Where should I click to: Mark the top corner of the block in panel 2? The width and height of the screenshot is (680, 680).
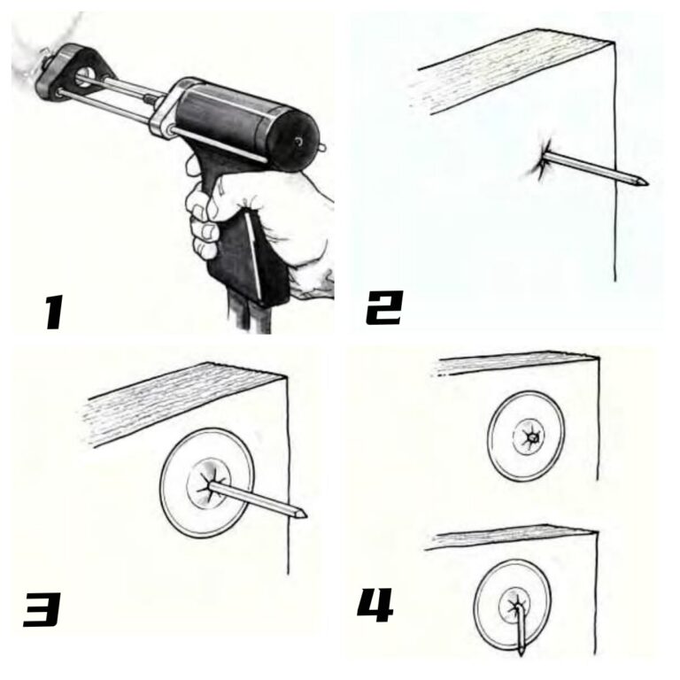click(614, 40)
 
